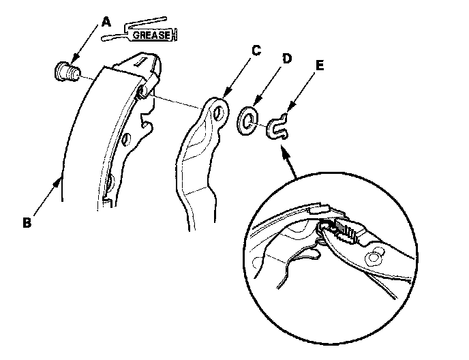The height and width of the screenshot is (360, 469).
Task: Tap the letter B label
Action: pyautogui.click(x=26, y=222)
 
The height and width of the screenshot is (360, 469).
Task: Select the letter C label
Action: pyautogui.click(x=256, y=49)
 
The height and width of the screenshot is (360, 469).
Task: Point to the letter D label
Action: pyautogui.click(x=287, y=59)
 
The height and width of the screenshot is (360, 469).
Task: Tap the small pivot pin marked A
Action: pyautogui.click(x=65, y=70)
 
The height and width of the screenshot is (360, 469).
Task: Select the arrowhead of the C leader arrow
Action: pyautogui.click(x=225, y=95)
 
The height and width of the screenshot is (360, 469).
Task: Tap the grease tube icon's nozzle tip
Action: pyautogui.click(x=103, y=39)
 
